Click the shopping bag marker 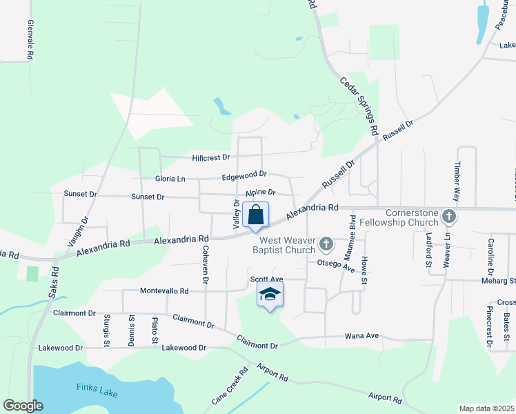pos(255,215)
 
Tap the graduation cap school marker pos(270,295)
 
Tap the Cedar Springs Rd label pos(359,105)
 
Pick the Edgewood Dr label pos(244,177)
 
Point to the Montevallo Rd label pos(164,291)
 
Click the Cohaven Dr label pos(205,263)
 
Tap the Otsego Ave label pos(335,264)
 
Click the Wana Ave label pos(362,336)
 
